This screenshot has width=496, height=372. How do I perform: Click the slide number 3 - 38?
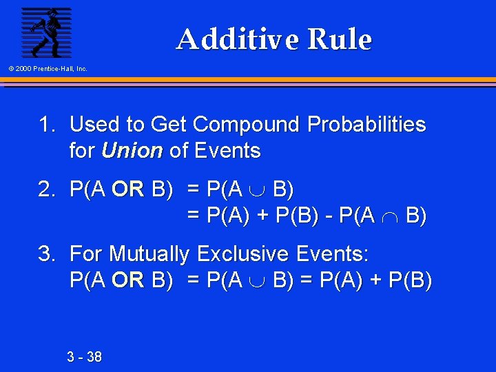click(x=84, y=357)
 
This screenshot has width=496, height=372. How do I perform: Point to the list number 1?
click(x=46, y=125)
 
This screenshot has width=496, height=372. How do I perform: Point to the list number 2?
click(x=46, y=190)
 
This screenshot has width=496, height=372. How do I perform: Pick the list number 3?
click(x=46, y=255)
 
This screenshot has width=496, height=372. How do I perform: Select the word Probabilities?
click(x=366, y=125)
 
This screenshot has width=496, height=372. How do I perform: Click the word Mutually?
click(x=148, y=255)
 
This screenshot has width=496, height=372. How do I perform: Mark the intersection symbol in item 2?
click(x=390, y=217)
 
